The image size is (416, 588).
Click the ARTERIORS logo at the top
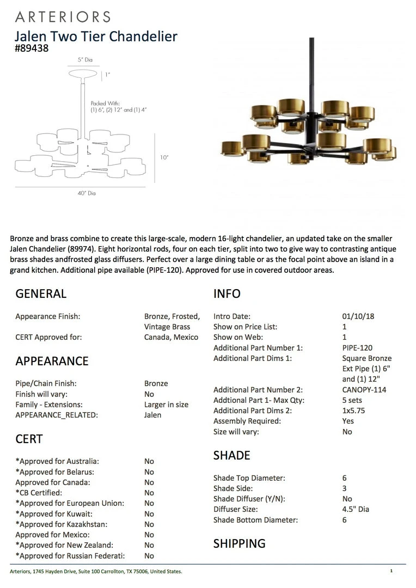click(63, 17)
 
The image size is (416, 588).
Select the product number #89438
click(32, 48)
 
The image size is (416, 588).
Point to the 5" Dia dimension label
click(85, 60)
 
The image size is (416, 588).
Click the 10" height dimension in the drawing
click(164, 157)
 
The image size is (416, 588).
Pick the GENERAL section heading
click(41, 293)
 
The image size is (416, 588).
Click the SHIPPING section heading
click(239, 543)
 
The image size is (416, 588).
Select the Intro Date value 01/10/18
click(358, 316)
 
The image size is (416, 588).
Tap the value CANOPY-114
click(364, 390)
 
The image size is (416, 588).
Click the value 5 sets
click(352, 400)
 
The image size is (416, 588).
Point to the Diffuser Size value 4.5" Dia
click(356, 509)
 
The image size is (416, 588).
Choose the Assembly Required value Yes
click(348, 421)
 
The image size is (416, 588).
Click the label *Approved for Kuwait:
click(54, 513)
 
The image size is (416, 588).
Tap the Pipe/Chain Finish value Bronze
click(156, 383)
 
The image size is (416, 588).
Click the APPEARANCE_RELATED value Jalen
click(153, 415)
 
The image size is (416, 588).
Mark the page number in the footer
click(391, 571)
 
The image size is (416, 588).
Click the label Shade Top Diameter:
click(249, 478)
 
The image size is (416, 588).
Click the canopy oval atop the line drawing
click(83, 73)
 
